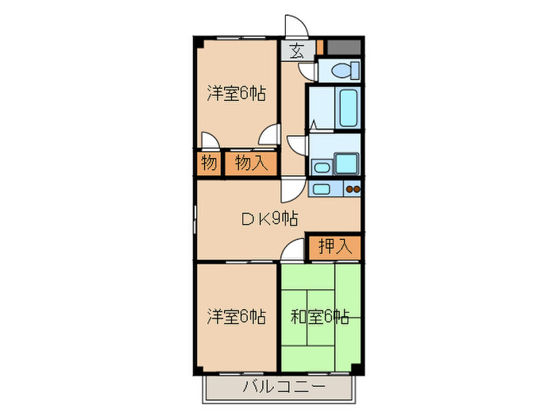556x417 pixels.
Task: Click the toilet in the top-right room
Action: [342, 70]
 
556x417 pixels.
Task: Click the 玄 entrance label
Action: [296, 52]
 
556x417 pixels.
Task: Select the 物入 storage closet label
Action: [250, 164]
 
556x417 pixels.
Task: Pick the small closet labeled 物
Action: [209, 164]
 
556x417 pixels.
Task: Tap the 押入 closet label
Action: [334, 246]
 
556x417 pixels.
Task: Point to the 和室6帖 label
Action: [319, 316]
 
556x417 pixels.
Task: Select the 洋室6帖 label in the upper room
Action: [236, 94]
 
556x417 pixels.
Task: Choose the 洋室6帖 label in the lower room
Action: [236, 316]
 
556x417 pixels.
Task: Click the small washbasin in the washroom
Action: [321, 167]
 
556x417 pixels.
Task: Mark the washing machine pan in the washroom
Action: [347, 164]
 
